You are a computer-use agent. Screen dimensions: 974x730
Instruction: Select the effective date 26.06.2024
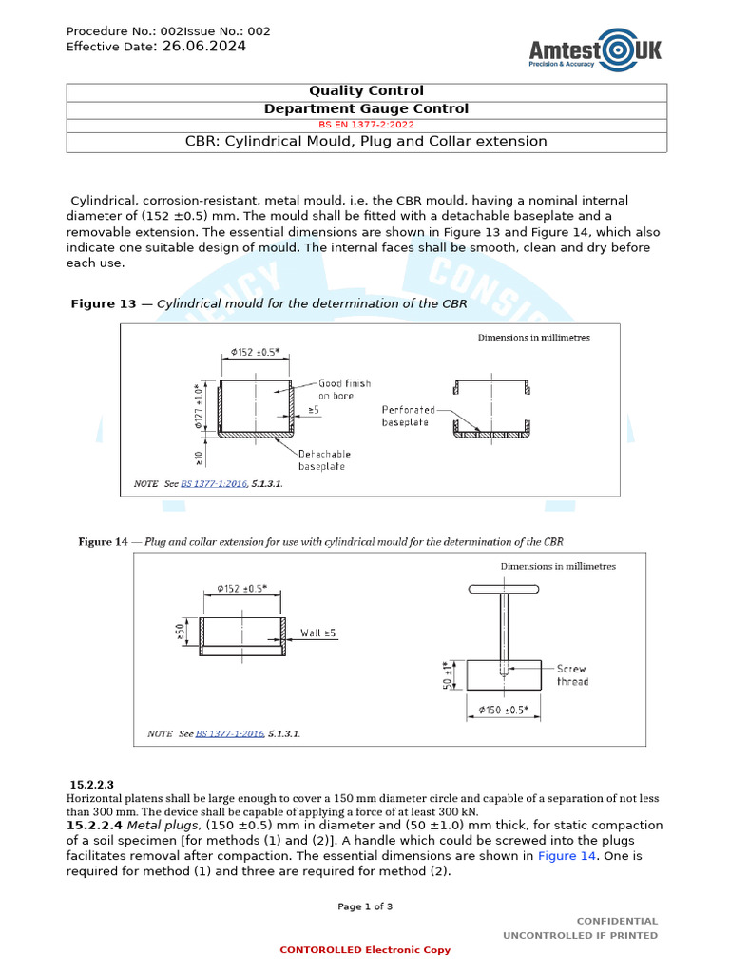pos(203,46)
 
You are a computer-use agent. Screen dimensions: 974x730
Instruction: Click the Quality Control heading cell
pos(366,91)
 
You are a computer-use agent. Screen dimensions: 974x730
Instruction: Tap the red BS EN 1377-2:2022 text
pos(366,125)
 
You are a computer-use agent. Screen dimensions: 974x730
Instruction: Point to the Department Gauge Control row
pos(366,108)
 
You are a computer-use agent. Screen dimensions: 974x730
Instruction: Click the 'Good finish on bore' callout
pos(344,389)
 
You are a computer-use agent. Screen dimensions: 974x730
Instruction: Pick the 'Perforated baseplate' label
pos(408,415)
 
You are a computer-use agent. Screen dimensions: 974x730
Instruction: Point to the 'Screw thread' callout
pos(572,675)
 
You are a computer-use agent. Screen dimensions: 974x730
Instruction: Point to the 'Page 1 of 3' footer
pos(365,906)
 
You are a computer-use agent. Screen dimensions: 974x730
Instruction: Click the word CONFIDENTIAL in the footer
pos(617,921)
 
